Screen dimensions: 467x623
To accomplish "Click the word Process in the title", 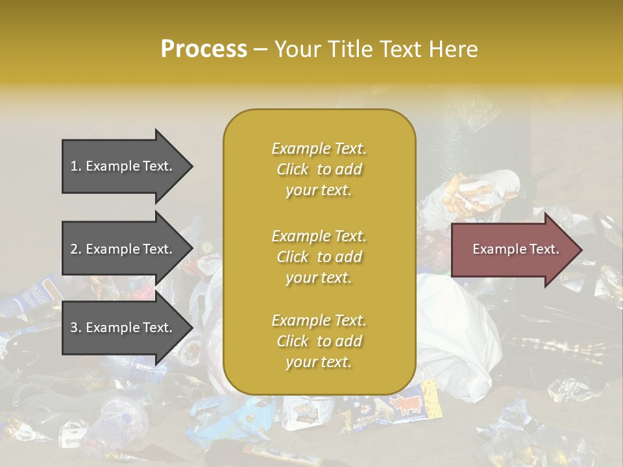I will point(204,49).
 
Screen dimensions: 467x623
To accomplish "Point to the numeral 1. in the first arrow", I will point(76,166).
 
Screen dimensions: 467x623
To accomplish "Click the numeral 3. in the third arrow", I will point(76,328).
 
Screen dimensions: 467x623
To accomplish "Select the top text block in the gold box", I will point(319,169).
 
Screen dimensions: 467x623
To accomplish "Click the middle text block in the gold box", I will point(319,256).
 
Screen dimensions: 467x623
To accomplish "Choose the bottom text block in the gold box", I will point(319,341).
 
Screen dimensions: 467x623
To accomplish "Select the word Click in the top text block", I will point(293,169).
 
